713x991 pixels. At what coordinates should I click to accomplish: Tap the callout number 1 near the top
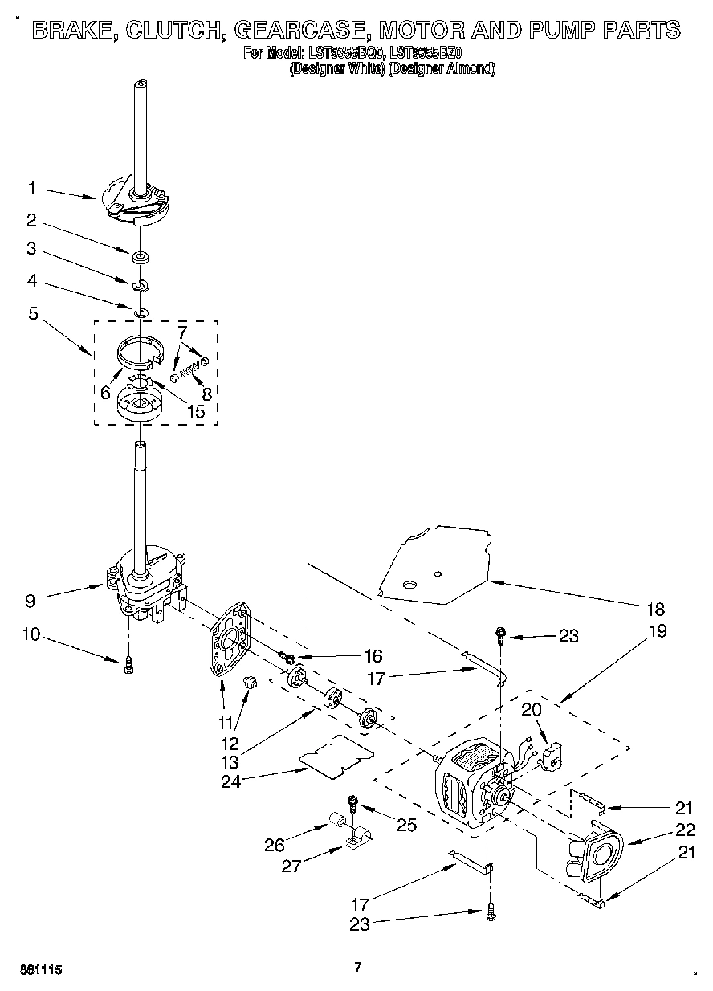coord(31,189)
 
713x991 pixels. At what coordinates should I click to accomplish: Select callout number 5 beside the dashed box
coord(33,313)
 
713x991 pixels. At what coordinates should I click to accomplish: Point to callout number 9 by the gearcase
coord(30,598)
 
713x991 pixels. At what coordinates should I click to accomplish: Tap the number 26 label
coord(275,844)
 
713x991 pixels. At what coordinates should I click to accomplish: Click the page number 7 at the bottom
coord(358,967)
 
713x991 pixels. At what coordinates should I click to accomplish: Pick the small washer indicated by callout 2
coord(140,257)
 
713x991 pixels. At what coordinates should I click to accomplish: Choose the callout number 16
coord(373,655)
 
